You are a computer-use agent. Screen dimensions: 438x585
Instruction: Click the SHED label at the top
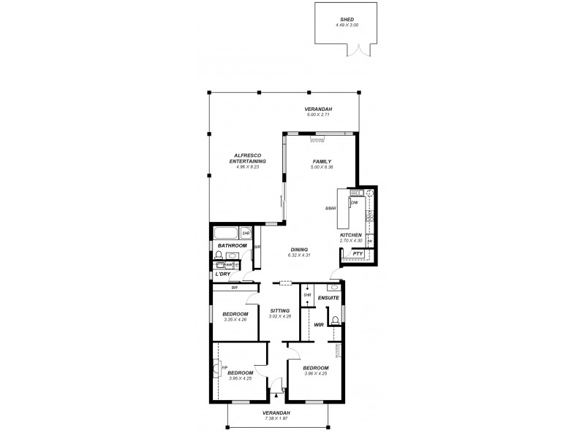(x=348, y=20)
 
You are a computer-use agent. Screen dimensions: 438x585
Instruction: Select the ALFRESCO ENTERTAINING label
(x=248, y=158)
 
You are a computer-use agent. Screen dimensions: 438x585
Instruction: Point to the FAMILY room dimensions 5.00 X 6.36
(x=322, y=167)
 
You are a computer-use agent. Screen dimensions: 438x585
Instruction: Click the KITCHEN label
(x=351, y=234)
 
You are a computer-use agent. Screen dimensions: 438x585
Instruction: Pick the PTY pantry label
(x=358, y=253)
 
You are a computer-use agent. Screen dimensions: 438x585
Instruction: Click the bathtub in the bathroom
(x=226, y=234)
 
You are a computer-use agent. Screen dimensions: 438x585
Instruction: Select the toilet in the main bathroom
(x=218, y=255)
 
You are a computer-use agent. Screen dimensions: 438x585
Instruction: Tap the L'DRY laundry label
(x=224, y=274)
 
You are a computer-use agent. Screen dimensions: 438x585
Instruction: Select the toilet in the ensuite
(x=334, y=319)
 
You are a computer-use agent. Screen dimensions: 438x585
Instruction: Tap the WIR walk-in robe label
(x=319, y=324)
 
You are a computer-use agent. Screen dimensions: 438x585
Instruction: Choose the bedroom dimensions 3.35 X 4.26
(x=235, y=320)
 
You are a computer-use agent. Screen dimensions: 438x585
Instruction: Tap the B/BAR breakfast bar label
(x=330, y=210)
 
